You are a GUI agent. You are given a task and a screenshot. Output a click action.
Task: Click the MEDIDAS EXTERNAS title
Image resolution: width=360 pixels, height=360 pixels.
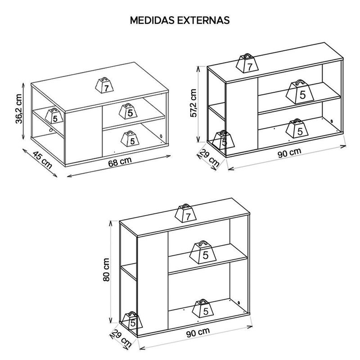(180, 20)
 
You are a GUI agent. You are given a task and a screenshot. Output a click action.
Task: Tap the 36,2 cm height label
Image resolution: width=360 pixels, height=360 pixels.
(19, 109)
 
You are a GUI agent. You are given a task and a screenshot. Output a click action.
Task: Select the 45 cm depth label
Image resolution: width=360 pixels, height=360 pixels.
(42, 160)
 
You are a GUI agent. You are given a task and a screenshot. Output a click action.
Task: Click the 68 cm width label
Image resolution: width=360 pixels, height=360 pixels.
(120, 162)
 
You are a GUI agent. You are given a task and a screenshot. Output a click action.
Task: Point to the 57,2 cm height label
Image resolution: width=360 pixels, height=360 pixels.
(193, 103)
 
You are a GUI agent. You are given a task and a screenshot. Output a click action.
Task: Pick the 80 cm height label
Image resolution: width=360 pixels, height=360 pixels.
(106, 270)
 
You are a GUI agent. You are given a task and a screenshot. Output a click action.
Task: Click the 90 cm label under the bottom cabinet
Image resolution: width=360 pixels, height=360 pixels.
(198, 333)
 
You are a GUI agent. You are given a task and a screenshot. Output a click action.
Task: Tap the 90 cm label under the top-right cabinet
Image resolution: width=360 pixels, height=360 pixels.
(289, 153)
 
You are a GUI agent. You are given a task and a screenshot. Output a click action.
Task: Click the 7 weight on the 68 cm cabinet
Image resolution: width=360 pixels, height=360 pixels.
(104, 85)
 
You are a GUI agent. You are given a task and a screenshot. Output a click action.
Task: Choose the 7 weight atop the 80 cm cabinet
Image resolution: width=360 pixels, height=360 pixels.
(186, 213)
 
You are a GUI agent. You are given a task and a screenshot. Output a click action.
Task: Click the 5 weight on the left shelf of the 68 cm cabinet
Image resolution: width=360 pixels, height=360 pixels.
(54, 116)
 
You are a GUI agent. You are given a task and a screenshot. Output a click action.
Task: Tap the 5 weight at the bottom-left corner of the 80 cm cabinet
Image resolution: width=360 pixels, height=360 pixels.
(132, 320)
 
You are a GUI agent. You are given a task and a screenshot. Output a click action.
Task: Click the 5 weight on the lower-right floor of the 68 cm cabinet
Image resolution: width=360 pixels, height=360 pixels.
(130, 139)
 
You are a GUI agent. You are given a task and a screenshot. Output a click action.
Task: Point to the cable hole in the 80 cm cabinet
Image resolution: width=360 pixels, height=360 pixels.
(239, 303)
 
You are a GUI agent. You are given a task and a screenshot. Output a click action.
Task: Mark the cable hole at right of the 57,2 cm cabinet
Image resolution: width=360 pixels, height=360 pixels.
(332, 121)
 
